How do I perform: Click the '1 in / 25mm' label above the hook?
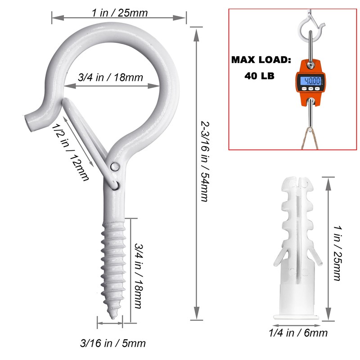point(120,12)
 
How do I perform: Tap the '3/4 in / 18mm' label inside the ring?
point(110,77)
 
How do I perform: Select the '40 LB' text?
point(260,76)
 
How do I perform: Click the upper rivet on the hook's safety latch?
point(116,166)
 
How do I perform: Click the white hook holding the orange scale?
point(311,29)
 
